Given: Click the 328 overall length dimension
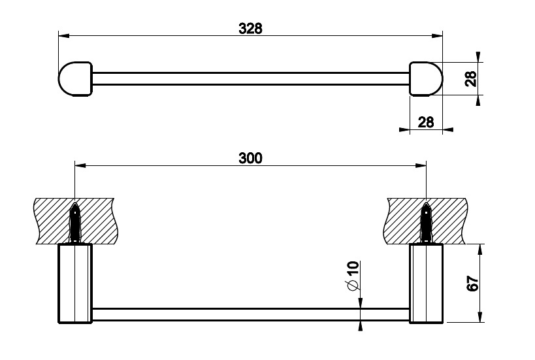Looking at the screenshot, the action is (x=250, y=28).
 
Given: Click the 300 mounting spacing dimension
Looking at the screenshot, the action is (x=250, y=158).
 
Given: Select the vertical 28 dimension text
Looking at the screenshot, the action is (x=471, y=79).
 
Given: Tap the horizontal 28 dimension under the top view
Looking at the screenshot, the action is (x=426, y=122).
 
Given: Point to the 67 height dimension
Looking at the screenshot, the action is (x=472, y=283).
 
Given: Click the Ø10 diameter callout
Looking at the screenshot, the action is (x=353, y=276).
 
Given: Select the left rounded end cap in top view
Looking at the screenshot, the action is (x=75, y=79).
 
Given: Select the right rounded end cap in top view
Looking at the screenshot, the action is (x=426, y=79).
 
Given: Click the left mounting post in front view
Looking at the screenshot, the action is (x=75, y=283).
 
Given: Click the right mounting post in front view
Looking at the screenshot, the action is (x=426, y=283).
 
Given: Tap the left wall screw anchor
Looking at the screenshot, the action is (x=75, y=221).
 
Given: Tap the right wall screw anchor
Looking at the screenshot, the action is (x=426, y=221).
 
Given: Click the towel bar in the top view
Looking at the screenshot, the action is (x=251, y=78).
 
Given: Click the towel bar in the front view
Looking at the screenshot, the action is (x=251, y=315).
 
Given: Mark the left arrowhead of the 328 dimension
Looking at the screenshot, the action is (x=64, y=35).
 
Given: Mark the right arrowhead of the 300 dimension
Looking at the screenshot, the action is (x=421, y=165).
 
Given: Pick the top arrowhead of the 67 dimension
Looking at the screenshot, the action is (x=480, y=250).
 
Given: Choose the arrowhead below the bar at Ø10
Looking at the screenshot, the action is (x=361, y=326).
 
